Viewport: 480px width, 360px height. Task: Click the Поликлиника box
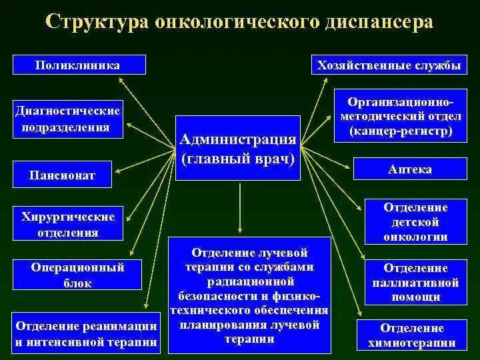tap(78, 65)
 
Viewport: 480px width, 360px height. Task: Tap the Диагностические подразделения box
tap(68, 119)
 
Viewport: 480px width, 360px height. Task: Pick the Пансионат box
tap(62, 175)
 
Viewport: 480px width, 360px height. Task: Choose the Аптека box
tap(409, 169)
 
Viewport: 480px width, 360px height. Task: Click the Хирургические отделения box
tap(68, 225)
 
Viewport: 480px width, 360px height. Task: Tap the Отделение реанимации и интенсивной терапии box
tap(86, 334)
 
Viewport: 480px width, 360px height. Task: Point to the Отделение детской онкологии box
tap(415, 222)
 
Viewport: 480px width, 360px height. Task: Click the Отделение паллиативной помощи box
tap(415, 282)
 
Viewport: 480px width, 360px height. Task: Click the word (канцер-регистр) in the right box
tap(400, 131)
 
